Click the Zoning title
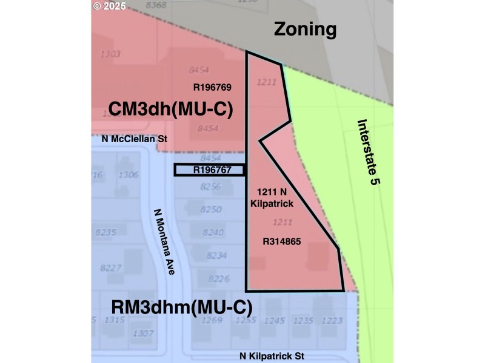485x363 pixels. [304, 28]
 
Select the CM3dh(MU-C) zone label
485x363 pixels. [171, 109]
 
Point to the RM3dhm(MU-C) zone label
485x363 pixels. [182, 307]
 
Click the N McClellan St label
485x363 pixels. [134, 139]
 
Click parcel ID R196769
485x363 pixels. [212, 87]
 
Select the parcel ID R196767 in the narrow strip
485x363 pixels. [212, 171]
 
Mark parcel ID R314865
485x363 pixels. [281, 241]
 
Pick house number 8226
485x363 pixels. [218, 278]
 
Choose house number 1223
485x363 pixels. [332, 320]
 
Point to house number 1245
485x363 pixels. [275, 320]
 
